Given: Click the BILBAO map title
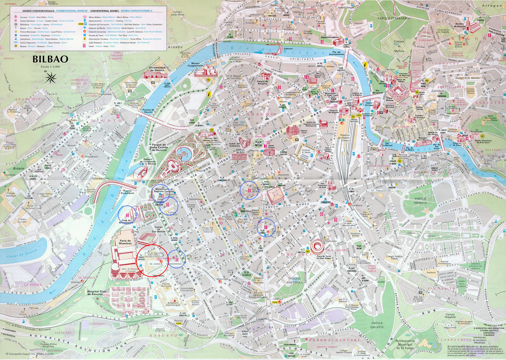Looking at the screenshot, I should tap(50, 59).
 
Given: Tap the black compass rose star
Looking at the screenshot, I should tap(51, 77).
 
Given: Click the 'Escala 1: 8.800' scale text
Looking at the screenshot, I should tap(50, 67).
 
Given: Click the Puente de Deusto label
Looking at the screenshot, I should tap(148, 111).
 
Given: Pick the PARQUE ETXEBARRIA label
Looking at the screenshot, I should tap(394, 18).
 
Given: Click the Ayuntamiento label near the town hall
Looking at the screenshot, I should tap(330, 37).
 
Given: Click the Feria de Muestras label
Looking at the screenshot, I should tap(125, 242).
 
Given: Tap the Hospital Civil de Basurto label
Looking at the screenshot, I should tap(97, 293).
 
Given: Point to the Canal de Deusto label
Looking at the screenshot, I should tap(22, 253).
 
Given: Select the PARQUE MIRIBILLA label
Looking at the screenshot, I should tap(420, 201).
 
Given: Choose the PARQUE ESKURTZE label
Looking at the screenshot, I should tap(377, 325).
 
